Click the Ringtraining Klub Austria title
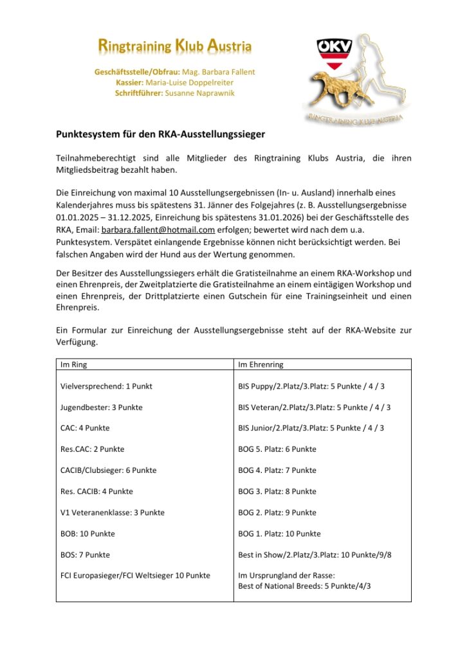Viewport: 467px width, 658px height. click(x=174, y=46)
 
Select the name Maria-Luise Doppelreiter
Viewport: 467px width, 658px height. click(x=190, y=82)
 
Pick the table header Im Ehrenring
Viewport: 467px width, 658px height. click(x=261, y=364)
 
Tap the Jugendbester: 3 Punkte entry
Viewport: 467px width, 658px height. click(x=101, y=407)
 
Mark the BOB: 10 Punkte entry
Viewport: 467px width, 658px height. click(x=87, y=533)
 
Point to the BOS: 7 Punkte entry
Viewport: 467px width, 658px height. click(x=85, y=555)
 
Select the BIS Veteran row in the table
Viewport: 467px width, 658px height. click(x=314, y=407)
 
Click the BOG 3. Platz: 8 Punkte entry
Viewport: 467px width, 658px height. click(x=277, y=492)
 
